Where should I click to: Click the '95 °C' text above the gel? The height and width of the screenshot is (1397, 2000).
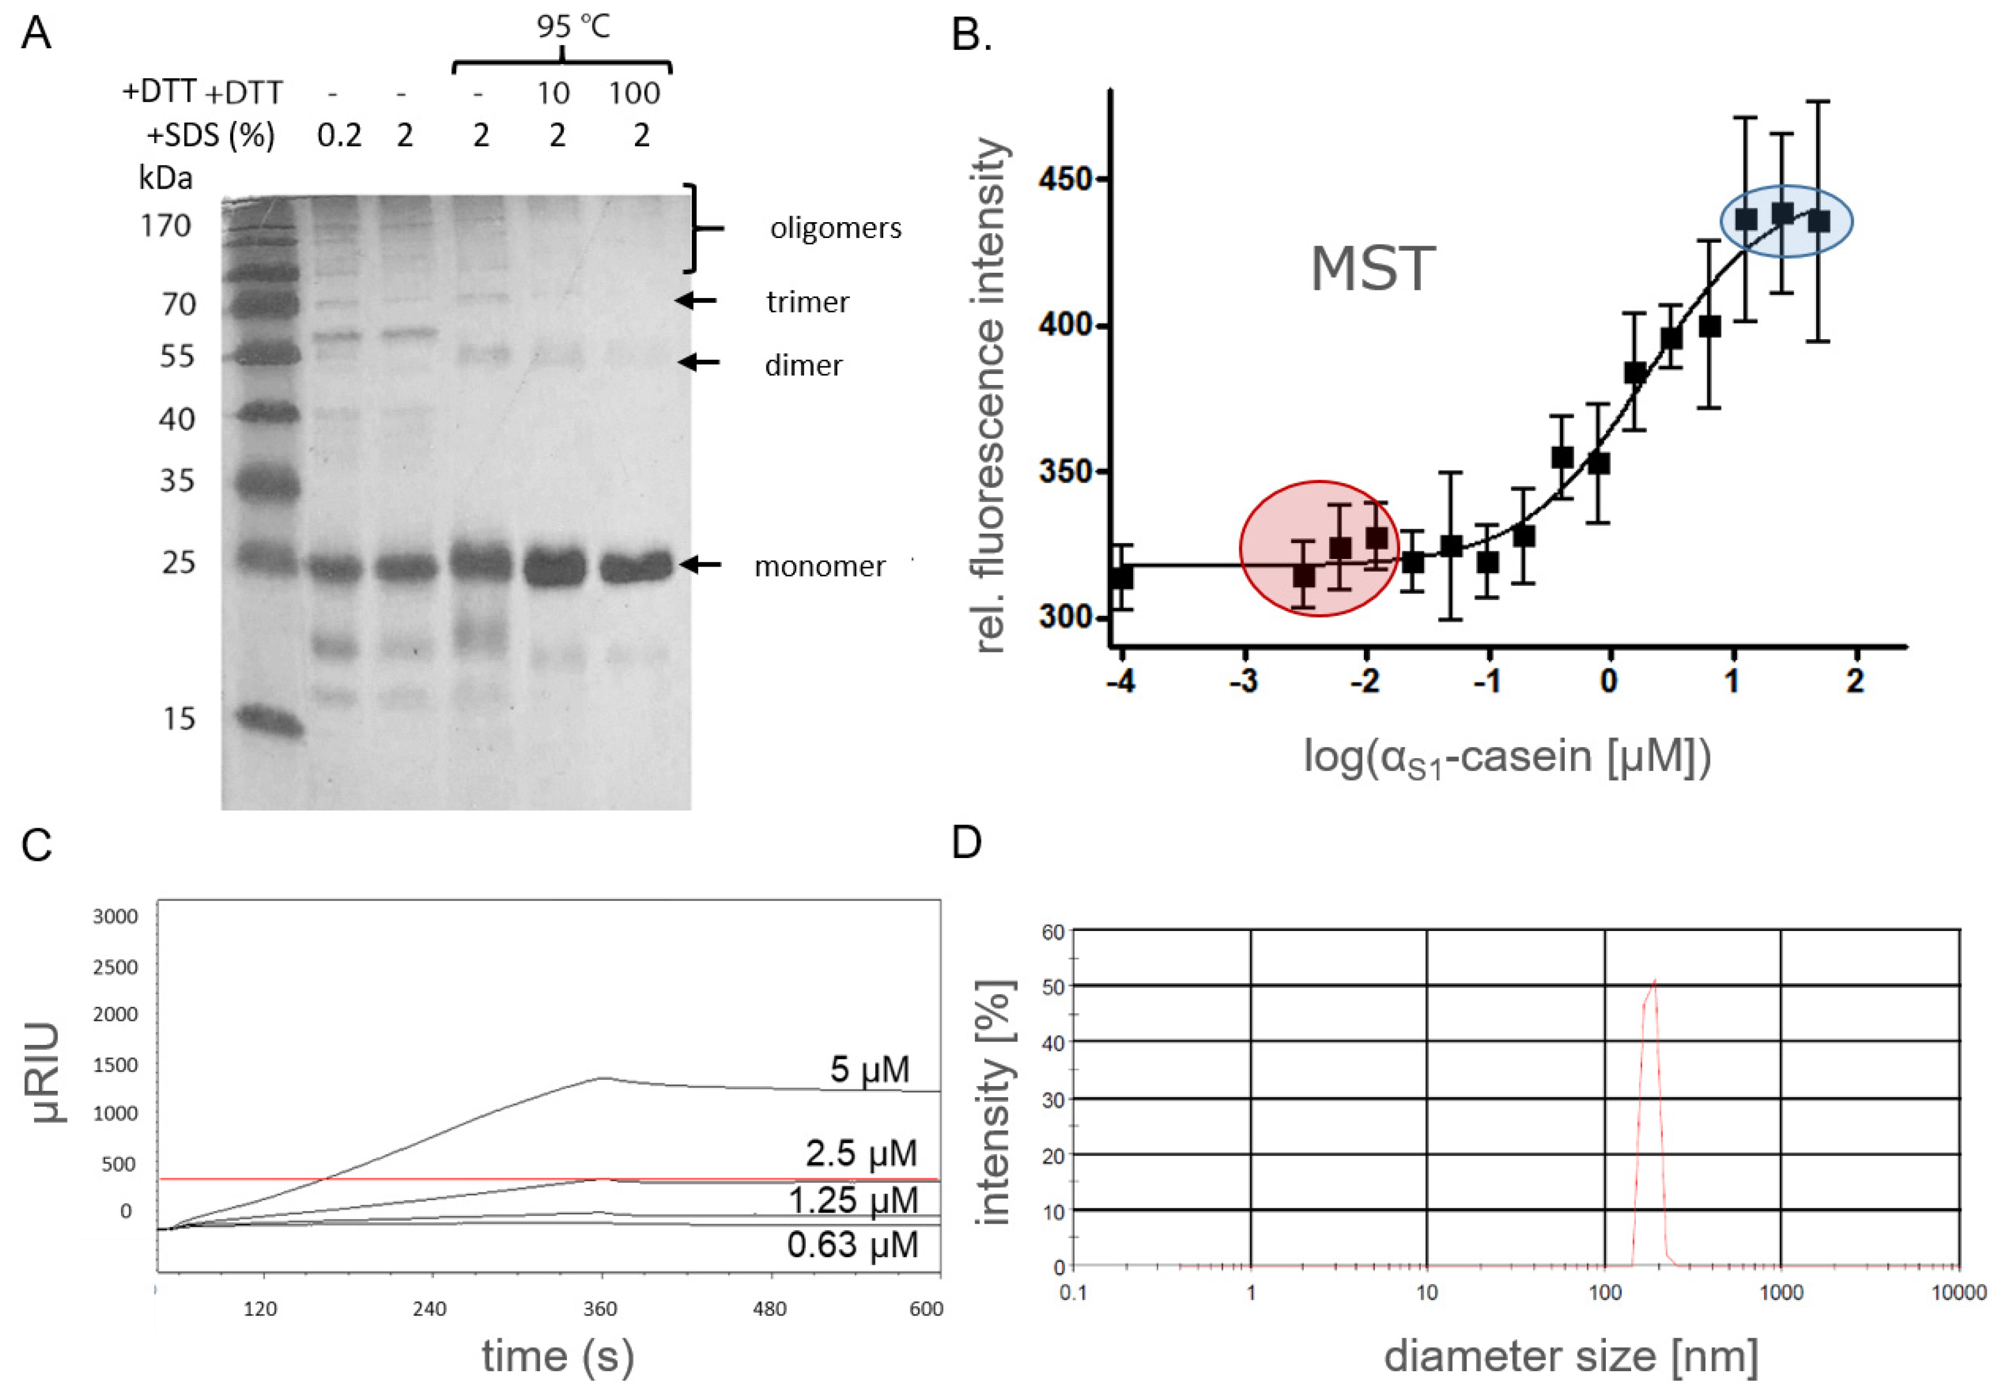573,28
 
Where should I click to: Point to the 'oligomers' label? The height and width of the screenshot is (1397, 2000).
835,229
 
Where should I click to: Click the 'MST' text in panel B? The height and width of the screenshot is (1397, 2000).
1372,269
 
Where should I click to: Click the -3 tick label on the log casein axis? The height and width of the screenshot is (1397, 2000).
1244,681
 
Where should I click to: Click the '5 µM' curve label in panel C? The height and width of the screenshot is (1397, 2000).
869,1069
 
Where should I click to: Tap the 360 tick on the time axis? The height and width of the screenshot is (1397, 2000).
600,1309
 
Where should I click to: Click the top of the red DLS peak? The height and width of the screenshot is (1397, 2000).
1653,982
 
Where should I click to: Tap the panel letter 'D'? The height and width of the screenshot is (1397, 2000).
967,843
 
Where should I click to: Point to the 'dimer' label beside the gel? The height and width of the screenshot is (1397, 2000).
802,365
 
